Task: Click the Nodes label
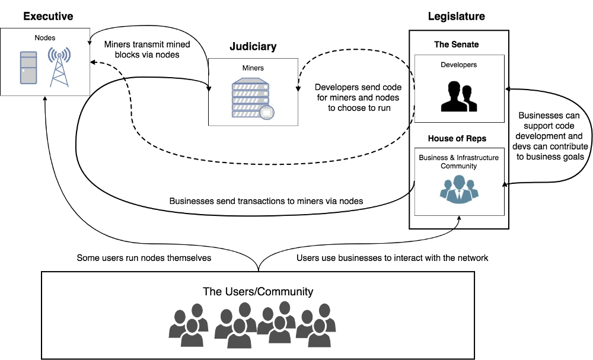(x=45, y=38)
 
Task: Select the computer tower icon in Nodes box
(x=28, y=68)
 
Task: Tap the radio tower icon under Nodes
(x=59, y=72)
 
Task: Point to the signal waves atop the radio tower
(x=59, y=54)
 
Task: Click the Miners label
(x=253, y=68)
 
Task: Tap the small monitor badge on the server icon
(x=267, y=112)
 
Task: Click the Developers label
(x=458, y=65)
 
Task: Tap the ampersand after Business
(x=452, y=158)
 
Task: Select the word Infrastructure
(x=477, y=158)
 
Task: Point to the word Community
(x=458, y=166)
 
